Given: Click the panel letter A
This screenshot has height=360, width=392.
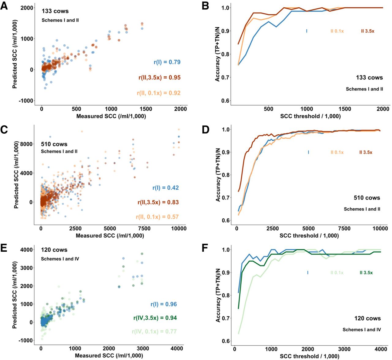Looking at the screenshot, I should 4,6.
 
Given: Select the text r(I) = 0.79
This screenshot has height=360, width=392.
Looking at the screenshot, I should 167,62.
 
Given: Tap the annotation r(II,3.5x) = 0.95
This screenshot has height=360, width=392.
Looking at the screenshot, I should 159,77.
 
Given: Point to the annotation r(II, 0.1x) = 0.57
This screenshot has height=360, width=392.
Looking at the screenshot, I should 157,217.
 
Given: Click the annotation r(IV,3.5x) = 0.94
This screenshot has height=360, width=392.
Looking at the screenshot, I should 155,318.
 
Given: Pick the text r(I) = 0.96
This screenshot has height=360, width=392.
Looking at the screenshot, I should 164,304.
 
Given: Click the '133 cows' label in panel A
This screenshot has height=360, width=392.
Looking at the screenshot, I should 55,11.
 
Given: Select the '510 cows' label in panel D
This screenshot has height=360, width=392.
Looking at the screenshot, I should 367,198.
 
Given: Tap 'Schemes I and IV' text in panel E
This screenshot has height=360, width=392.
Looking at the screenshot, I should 60,259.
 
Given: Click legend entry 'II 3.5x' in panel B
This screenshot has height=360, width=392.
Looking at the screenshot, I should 367,31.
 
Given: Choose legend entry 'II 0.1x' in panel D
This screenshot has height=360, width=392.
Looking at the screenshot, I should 337,152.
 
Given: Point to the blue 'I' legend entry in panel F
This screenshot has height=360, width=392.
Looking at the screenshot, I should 307,273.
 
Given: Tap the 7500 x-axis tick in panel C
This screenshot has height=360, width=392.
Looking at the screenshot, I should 144,228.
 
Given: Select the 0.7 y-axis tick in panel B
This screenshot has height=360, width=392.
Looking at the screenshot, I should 226,77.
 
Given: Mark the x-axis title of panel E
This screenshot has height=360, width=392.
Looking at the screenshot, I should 109,356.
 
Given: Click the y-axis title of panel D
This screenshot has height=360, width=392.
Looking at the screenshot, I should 218,174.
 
